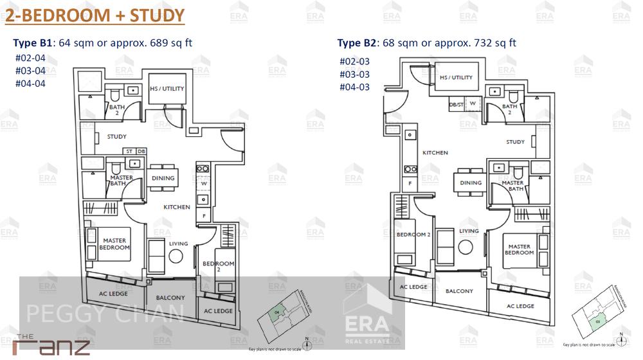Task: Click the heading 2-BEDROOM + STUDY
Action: click(x=95, y=15)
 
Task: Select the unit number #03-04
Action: click(x=30, y=71)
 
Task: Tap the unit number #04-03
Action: click(x=354, y=87)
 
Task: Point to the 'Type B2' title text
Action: click(x=358, y=43)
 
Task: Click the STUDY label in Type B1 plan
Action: click(x=116, y=136)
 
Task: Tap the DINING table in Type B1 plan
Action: click(x=163, y=179)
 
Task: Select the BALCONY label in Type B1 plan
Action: click(x=170, y=298)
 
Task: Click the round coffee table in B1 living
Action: click(x=176, y=256)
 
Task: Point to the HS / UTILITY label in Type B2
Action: click(x=456, y=77)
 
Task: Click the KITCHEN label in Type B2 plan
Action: click(x=435, y=153)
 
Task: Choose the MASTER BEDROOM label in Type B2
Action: click(x=519, y=249)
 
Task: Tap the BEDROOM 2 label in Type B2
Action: click(x=413, y=235)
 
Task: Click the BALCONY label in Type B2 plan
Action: click(x=459, y=291)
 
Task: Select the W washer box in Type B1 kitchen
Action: click(x=203, y=183)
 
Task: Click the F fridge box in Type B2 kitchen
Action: click(x=410, y=183)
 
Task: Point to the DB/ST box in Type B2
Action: click(x=456, y=103)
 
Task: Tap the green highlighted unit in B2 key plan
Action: click(x=597, y=319)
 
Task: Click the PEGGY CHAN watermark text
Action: click(x=104, y=314)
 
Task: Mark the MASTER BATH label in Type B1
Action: click(x=122, y=181)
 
